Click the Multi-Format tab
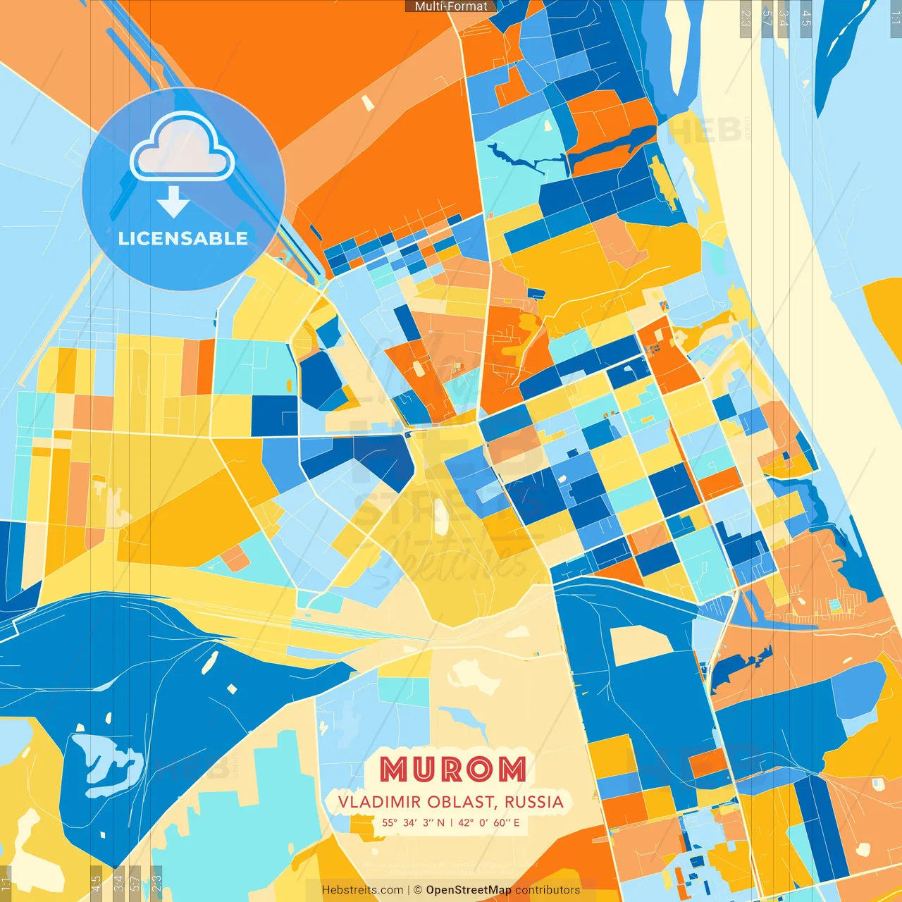click(451, 6)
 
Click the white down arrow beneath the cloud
click(173, 202)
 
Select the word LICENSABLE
click(183, 238)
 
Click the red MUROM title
click(452, 770)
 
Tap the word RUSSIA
click(534, 802)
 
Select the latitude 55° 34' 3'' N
click(413, 822)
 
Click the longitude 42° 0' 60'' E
click(489, 822)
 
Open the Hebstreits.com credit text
click(362, 890)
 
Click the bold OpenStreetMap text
click(469, 890)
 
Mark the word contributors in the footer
click(548, 890)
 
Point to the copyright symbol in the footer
click(418, 890)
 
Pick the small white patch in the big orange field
click(367, 103)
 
